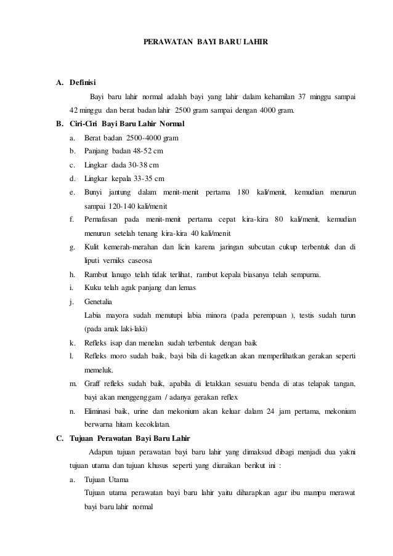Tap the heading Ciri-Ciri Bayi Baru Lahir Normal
pyautogui.click(x=127, y=124)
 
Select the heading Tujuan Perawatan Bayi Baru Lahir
pyautogui.click(x=131, y=439)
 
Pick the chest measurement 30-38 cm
pyautogui.click(x=143, y=165)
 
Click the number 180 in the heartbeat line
pyautogui.click(x=241, y=193)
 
